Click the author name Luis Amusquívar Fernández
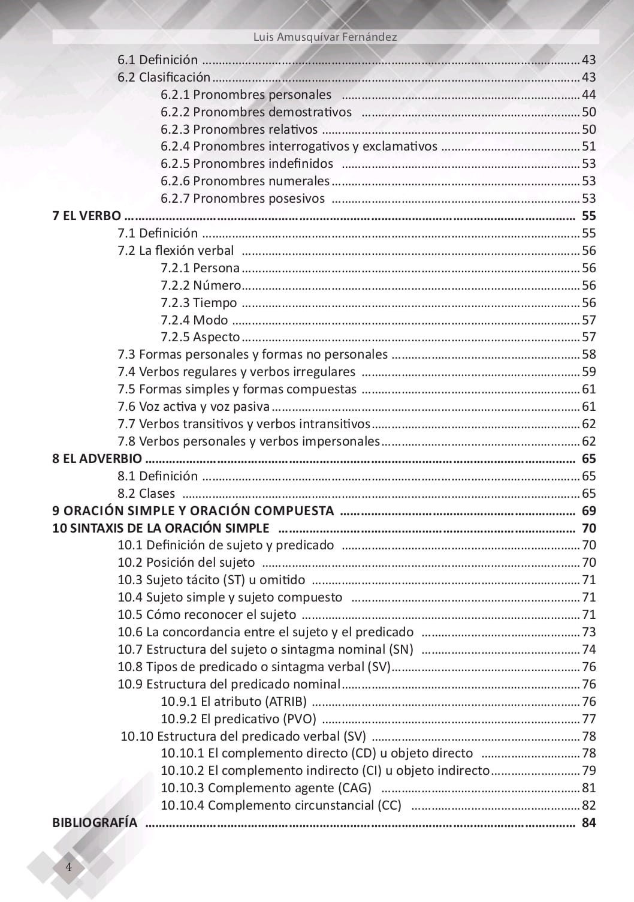click(x=325, y=37)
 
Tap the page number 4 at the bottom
click(x=68, y=867)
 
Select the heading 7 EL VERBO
click(x=86, y=216)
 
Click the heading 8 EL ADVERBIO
click(x=97, y=459)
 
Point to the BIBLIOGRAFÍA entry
click(x=95, y=823)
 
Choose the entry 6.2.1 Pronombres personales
click(x=246, y=95)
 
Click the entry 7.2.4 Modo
click(x=194, y=320)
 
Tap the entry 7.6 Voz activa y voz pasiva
click(x=194, y=407)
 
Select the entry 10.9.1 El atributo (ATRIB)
click(x=234, y=702)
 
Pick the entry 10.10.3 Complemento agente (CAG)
click(x=266, y=788)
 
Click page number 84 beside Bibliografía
click(x=588, y=823)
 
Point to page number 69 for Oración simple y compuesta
click(x=588, y=511)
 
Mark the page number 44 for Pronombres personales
click(x=588, y=95)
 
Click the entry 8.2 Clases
click(x=146, y=494)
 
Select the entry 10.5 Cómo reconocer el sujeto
click(x=207, y=615)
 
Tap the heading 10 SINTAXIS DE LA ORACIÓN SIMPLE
click(x=161, y=528)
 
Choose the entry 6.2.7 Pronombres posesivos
click(x=243, y=199)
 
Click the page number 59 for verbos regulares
click(x=588, y=372)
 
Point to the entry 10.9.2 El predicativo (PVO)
click(x=238, y=719)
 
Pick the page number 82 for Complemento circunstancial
click(x=588, y=805)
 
